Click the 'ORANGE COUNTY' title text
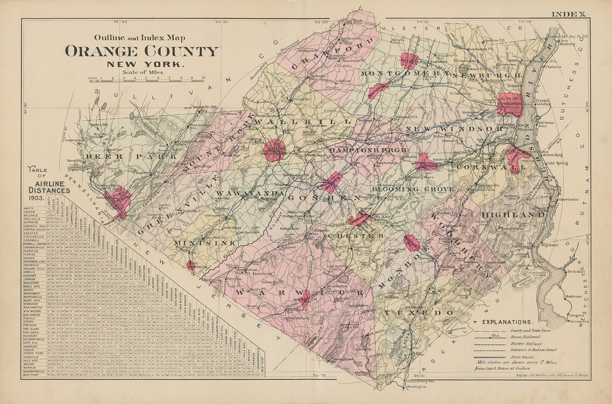click(x=142, y=51)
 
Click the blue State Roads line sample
click(x=489, y=356)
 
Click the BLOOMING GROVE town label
click(x=413, y=189)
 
